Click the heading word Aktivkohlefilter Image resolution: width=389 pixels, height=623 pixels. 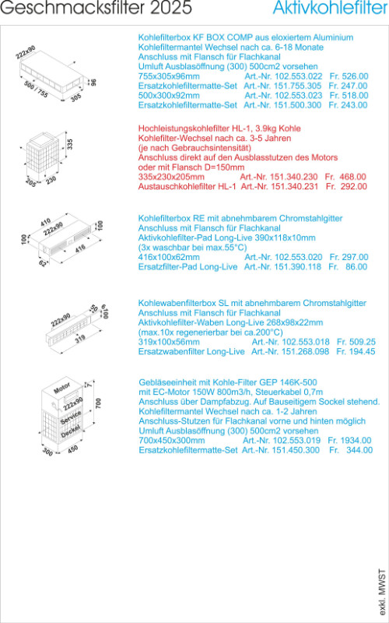click(x=330, y=8)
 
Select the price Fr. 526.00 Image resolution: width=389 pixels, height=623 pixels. click(x=349, y=76)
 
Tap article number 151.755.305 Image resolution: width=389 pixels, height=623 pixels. click(x=297, y=86)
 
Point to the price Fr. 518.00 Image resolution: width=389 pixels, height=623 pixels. click(x=349, y=95)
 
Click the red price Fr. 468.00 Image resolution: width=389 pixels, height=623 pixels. click(x=345, y=177)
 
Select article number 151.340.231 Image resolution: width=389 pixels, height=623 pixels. click(x=293, y=186)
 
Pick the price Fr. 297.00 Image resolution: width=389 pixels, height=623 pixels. click(x=349, y=257)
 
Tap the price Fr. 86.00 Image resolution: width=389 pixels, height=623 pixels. click(x=348, y=266)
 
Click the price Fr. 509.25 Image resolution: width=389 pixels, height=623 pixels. click(x=356, y=342)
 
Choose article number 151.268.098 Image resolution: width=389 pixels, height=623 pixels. click(x=304, y=351)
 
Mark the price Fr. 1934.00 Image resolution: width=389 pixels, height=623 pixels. click(x=349, y=440)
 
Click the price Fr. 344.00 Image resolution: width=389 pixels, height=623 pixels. click(x=351, y=450)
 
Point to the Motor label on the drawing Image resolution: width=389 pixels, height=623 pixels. click(x=62, y=388)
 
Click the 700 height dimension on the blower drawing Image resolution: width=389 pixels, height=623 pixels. click(x=99, y=403)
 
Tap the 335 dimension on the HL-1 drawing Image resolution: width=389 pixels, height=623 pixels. click(x=70, y=144)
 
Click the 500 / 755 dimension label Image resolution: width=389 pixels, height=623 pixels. click(x=36, y=90)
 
